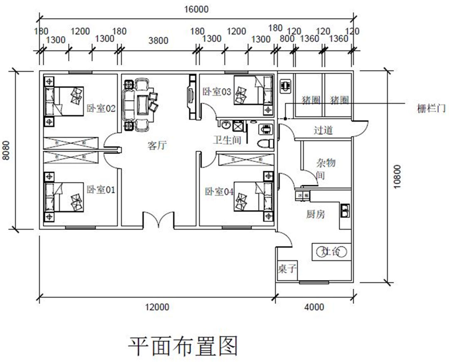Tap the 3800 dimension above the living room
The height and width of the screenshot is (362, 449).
158,41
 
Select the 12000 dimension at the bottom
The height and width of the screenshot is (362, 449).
157,307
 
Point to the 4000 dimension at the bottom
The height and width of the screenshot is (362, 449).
314,307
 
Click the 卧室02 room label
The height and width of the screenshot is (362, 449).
101,109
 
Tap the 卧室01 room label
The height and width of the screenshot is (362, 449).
101,190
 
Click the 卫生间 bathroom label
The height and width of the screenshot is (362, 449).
227,140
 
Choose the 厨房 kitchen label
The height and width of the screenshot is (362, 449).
316,214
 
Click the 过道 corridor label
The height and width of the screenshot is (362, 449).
323,131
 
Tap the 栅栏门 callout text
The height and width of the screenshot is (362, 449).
431,109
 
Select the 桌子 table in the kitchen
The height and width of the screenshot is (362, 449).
286,269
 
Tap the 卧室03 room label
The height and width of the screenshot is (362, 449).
216,92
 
